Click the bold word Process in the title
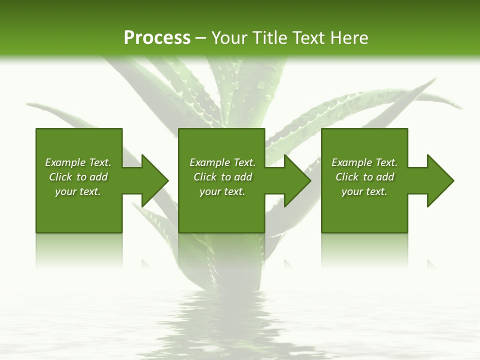click(x=157, y=38)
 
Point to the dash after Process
click(x=200, y=38)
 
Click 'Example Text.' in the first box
click(x=78, y=162)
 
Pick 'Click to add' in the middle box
click(x=222, y=177)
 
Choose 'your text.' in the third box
click(x=364, y=191)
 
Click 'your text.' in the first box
click(x=78, y=191)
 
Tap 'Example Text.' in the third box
click(x=364, y=162)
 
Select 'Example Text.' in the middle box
click(x=222, y=162)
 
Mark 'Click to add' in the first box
click(x=78, y=177)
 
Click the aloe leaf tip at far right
click(x=457, y=105)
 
